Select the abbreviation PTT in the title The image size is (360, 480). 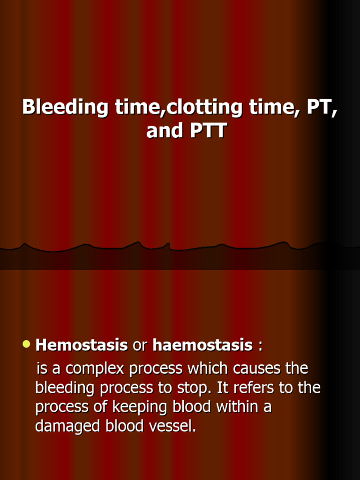[x=208, y=131]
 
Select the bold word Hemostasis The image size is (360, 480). [x=82, y=346]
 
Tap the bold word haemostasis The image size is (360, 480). [x=202, y=346]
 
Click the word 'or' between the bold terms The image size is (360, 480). [x=140, y=346]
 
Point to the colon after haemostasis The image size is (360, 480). [x=260, y=346]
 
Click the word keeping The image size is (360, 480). [x=133, y=407]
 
